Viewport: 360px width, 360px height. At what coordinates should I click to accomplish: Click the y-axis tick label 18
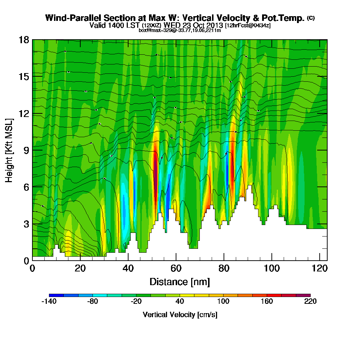[24, 40]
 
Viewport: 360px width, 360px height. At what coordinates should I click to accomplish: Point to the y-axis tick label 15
[24, 77]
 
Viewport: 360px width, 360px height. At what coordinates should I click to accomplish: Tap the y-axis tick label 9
[26, 150]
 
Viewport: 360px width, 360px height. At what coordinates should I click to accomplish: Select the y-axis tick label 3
[26, 224]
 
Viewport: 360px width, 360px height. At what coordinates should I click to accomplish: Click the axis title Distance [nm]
[180, 281]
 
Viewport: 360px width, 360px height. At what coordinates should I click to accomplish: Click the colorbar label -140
[49, 302]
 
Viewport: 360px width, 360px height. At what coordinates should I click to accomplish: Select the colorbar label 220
[310, 302]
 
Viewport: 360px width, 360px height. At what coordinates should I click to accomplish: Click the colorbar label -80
[92, 302]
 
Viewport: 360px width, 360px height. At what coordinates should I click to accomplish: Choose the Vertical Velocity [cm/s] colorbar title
[180, 315]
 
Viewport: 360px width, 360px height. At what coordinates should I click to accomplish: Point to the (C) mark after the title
[311, 18]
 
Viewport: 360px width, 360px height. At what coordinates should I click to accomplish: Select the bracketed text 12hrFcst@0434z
[248, 26]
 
